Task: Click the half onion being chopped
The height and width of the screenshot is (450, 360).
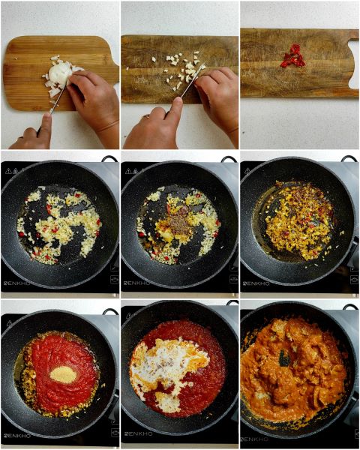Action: pos(59,73)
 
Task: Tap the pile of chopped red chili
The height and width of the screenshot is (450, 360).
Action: pos(293,57)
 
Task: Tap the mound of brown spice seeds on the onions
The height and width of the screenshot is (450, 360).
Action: pos(179,223)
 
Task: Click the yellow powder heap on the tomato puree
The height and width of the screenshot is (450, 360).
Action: pos(63,374)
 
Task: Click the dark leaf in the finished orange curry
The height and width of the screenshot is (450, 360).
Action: pos(284,358)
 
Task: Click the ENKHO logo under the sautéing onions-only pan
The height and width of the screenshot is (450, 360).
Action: pos(17,283)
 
